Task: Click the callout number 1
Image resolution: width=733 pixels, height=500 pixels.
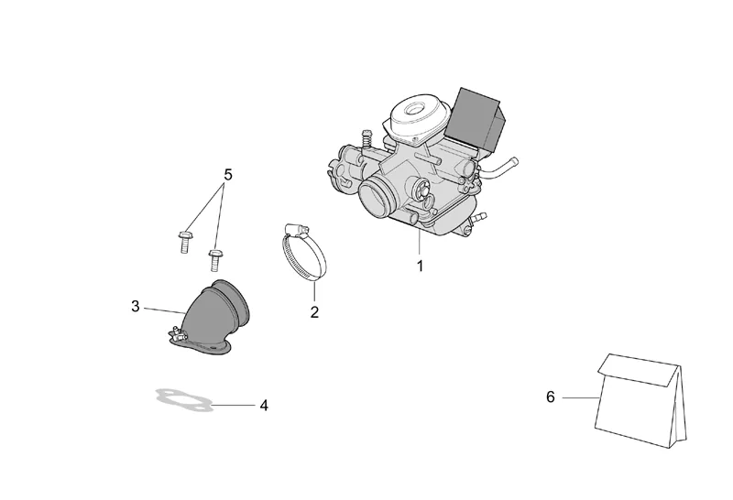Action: [420, 266]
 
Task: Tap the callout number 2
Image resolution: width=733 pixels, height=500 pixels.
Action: [314, 312]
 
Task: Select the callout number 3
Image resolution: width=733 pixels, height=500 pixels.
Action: [135, 307]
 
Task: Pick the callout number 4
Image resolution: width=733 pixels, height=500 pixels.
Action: [264, 406]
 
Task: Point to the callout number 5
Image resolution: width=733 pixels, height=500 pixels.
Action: [227, 175]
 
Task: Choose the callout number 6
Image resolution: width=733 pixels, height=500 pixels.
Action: [551, 397]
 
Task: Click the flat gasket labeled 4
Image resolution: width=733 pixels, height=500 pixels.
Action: [185, 400]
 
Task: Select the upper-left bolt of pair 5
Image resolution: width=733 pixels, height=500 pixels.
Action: [184, 241]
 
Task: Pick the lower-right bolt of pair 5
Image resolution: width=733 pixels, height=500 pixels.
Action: [214, 260]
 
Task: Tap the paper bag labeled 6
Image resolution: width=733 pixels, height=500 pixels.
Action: [641, 400]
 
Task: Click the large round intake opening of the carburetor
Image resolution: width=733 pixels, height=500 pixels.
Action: [377, 199]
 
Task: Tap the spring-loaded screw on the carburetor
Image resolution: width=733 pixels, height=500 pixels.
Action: [367, 137]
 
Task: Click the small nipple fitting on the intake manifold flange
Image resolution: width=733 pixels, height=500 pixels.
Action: [176, 332]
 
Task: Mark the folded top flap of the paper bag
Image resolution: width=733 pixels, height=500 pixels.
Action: [639, 370]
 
